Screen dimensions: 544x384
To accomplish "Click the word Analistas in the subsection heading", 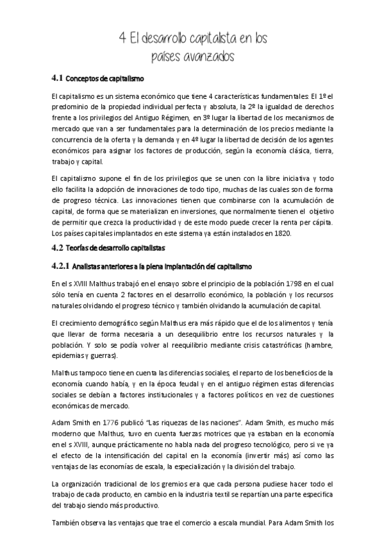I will [94, 266].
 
